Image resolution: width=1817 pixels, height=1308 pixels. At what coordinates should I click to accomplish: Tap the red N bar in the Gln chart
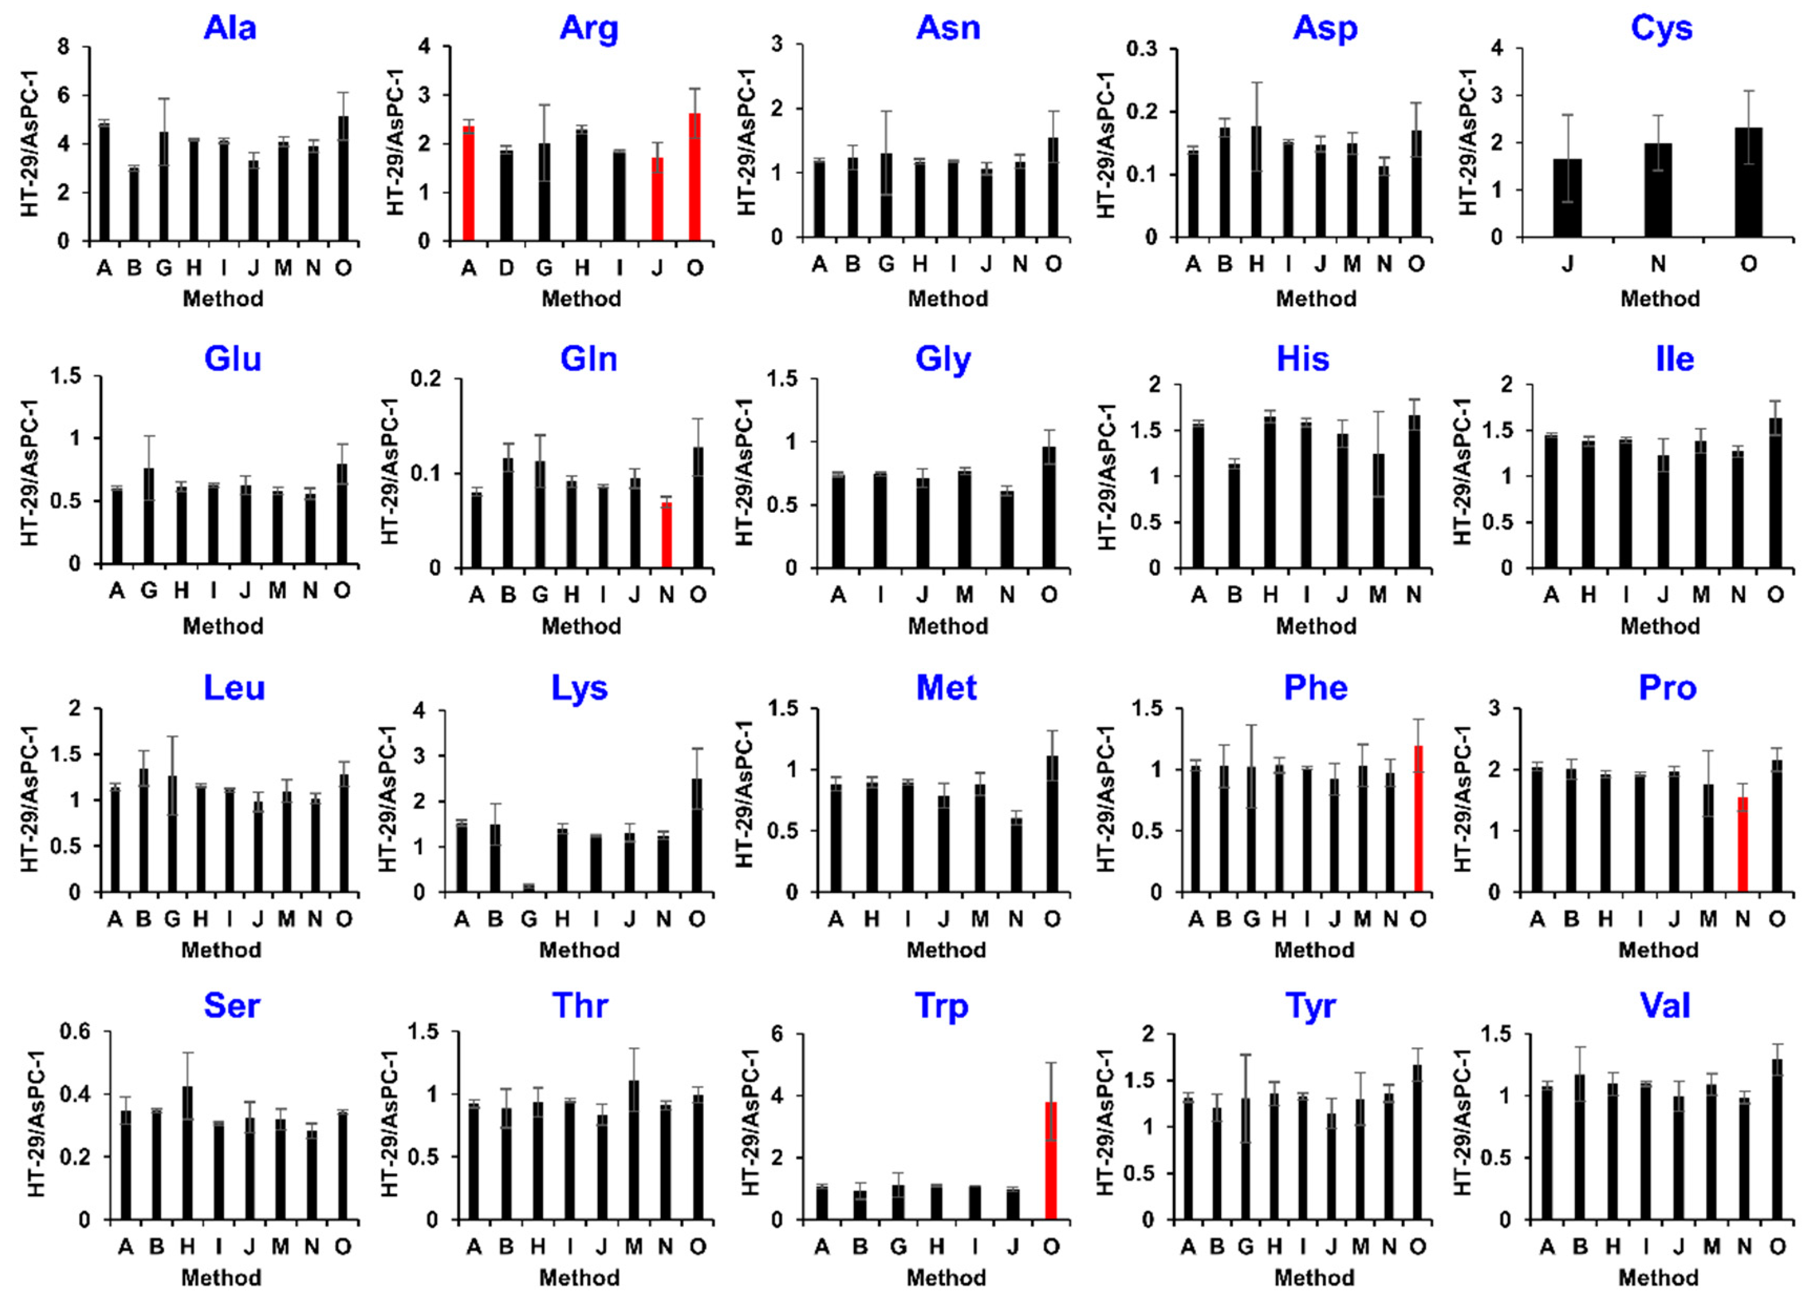665,535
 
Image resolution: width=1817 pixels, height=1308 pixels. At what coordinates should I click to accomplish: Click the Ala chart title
230,28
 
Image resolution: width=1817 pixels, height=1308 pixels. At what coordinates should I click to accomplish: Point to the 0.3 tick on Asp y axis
1142,49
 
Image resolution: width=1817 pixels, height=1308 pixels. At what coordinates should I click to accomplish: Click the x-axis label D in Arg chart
506,268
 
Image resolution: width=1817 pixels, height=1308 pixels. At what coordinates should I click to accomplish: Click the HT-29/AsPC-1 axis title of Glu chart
29,472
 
